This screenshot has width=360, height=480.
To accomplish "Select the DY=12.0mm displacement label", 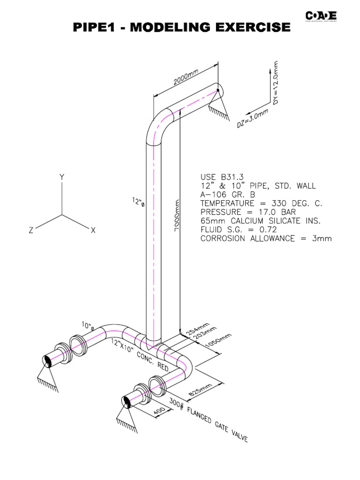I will [275, 82].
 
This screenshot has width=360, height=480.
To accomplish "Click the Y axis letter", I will [61, 178].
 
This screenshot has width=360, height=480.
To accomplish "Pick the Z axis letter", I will [30, 230].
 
